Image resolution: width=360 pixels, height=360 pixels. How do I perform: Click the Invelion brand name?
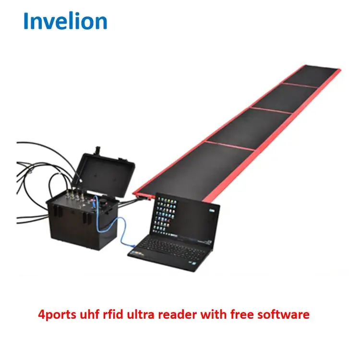(65, 21)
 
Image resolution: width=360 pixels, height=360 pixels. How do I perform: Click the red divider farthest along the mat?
(300, 85)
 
